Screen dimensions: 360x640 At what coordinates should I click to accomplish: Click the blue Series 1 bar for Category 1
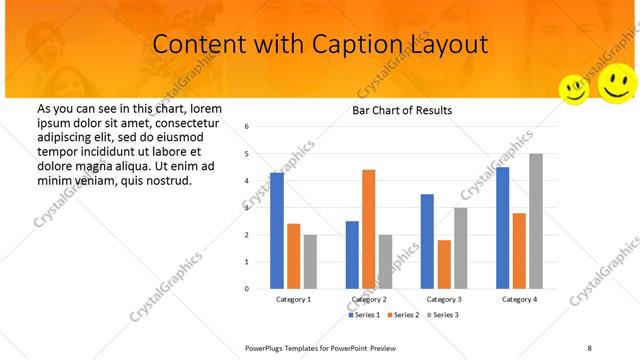click(277, 231)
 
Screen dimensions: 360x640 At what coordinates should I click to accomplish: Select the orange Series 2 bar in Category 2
click(368, 229)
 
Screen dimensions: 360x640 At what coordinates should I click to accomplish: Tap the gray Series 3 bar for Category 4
click(536, 221)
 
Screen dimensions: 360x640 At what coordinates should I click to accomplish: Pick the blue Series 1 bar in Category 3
click(427, 241)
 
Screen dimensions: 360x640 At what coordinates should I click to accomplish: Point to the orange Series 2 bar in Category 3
click(444, 264)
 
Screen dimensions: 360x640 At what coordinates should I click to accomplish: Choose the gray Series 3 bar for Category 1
click(310, 261)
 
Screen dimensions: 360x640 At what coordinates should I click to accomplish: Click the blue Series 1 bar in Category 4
click(503, 228)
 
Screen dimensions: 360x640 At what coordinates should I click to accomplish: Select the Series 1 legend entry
click(365, 315)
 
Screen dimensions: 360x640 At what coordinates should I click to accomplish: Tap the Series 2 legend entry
click(402, 315)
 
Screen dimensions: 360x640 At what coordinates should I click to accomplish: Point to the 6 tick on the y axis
click(261, 127)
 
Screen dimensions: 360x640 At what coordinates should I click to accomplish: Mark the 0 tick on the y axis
click(261, 289)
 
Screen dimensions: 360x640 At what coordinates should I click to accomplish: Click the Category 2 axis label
click(369, 299)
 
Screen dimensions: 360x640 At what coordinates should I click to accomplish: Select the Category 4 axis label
click(519, 299)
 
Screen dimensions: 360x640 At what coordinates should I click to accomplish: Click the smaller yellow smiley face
click(574, 89)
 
